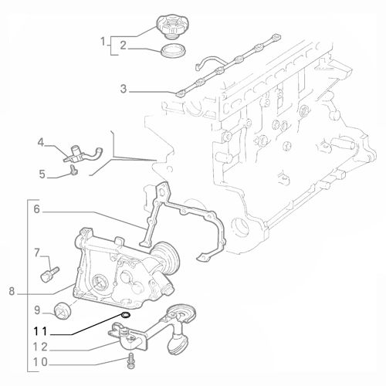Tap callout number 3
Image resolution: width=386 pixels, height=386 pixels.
click(124, 89)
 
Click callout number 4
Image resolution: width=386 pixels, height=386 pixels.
click(41, 142)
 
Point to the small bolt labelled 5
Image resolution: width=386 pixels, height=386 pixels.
click(74, 170)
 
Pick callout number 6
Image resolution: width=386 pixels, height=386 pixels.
click(37, 209)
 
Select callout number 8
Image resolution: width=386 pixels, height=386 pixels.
click(12, 292)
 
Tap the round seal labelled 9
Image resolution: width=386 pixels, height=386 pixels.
click(63, 311)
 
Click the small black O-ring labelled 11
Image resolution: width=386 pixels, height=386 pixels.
click(126, 315)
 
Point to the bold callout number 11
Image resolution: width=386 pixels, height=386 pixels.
click(40, 331)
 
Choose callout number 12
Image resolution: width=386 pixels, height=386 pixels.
click(40, 347)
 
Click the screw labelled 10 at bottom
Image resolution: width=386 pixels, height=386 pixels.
click(131, 361)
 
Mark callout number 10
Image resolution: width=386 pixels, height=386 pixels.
click(40, 362)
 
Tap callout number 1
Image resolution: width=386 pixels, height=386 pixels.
click(103, 41)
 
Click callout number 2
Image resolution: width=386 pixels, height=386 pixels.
click(124, 46)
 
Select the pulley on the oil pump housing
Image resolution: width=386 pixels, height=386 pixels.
click(165, 256)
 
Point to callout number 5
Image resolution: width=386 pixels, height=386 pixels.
click(42, 174)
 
